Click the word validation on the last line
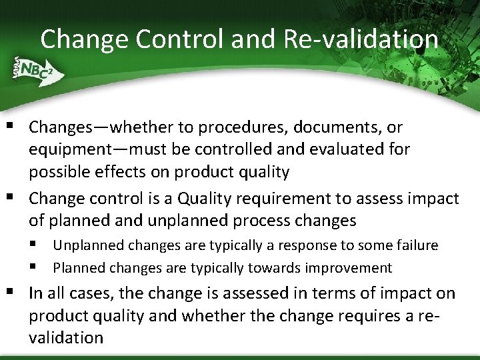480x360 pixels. [x=66, y=337]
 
